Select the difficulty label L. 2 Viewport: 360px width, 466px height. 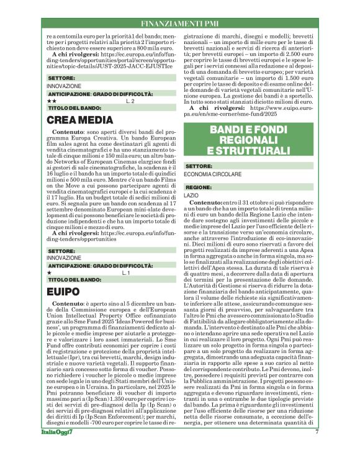tap(130, 100)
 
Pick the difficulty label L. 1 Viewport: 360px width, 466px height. tap(126, 272)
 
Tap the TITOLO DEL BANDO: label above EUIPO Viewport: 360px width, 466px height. tap(74, 280)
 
